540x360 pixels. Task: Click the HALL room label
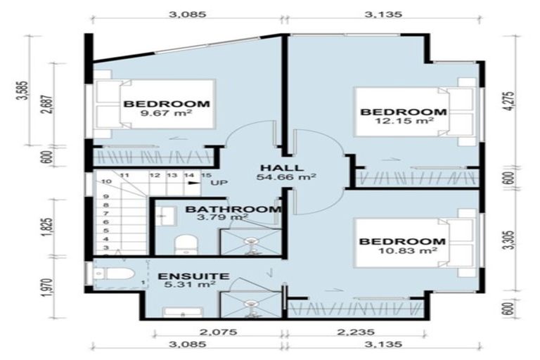[x=282, y=168]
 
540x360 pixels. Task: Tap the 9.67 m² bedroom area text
[x=167, y=112]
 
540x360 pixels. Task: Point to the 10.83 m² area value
[x=407, y=250]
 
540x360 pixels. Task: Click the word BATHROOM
[x=233, y=209]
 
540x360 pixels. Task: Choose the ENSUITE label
[x=193, y=276]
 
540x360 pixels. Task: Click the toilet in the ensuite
[x=114, y=274]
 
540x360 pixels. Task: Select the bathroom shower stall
[x=251, y=242]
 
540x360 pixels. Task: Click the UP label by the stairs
[x=219, y=183]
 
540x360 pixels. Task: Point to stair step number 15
[x=206, y=175]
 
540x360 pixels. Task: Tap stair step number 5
[x=106, y=231]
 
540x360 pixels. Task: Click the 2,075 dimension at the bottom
[x=219, y=332]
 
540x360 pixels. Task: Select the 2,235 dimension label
[x=356, y=332]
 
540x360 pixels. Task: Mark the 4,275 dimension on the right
[x=509, y=101]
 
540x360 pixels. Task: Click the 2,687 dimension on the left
[x=48, y=104]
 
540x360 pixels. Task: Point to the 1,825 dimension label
[x=48, y=227]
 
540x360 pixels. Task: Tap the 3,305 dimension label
[x=509, y=240]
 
